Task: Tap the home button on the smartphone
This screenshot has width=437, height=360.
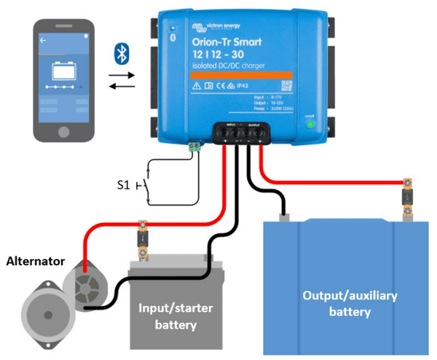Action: click(63, 133)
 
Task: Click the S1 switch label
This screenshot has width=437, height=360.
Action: click(125, 185)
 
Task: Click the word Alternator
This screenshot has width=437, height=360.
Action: click(34, 260)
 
